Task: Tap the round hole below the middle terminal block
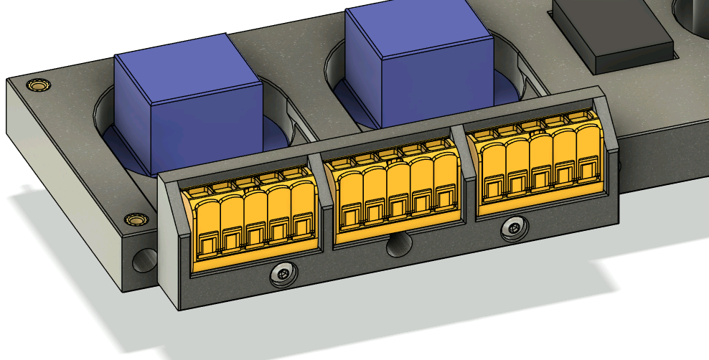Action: click(x=396, y=246)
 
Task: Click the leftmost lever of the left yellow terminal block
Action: click(x=207, y=222)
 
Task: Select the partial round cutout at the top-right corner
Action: click(x=692, y=14)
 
